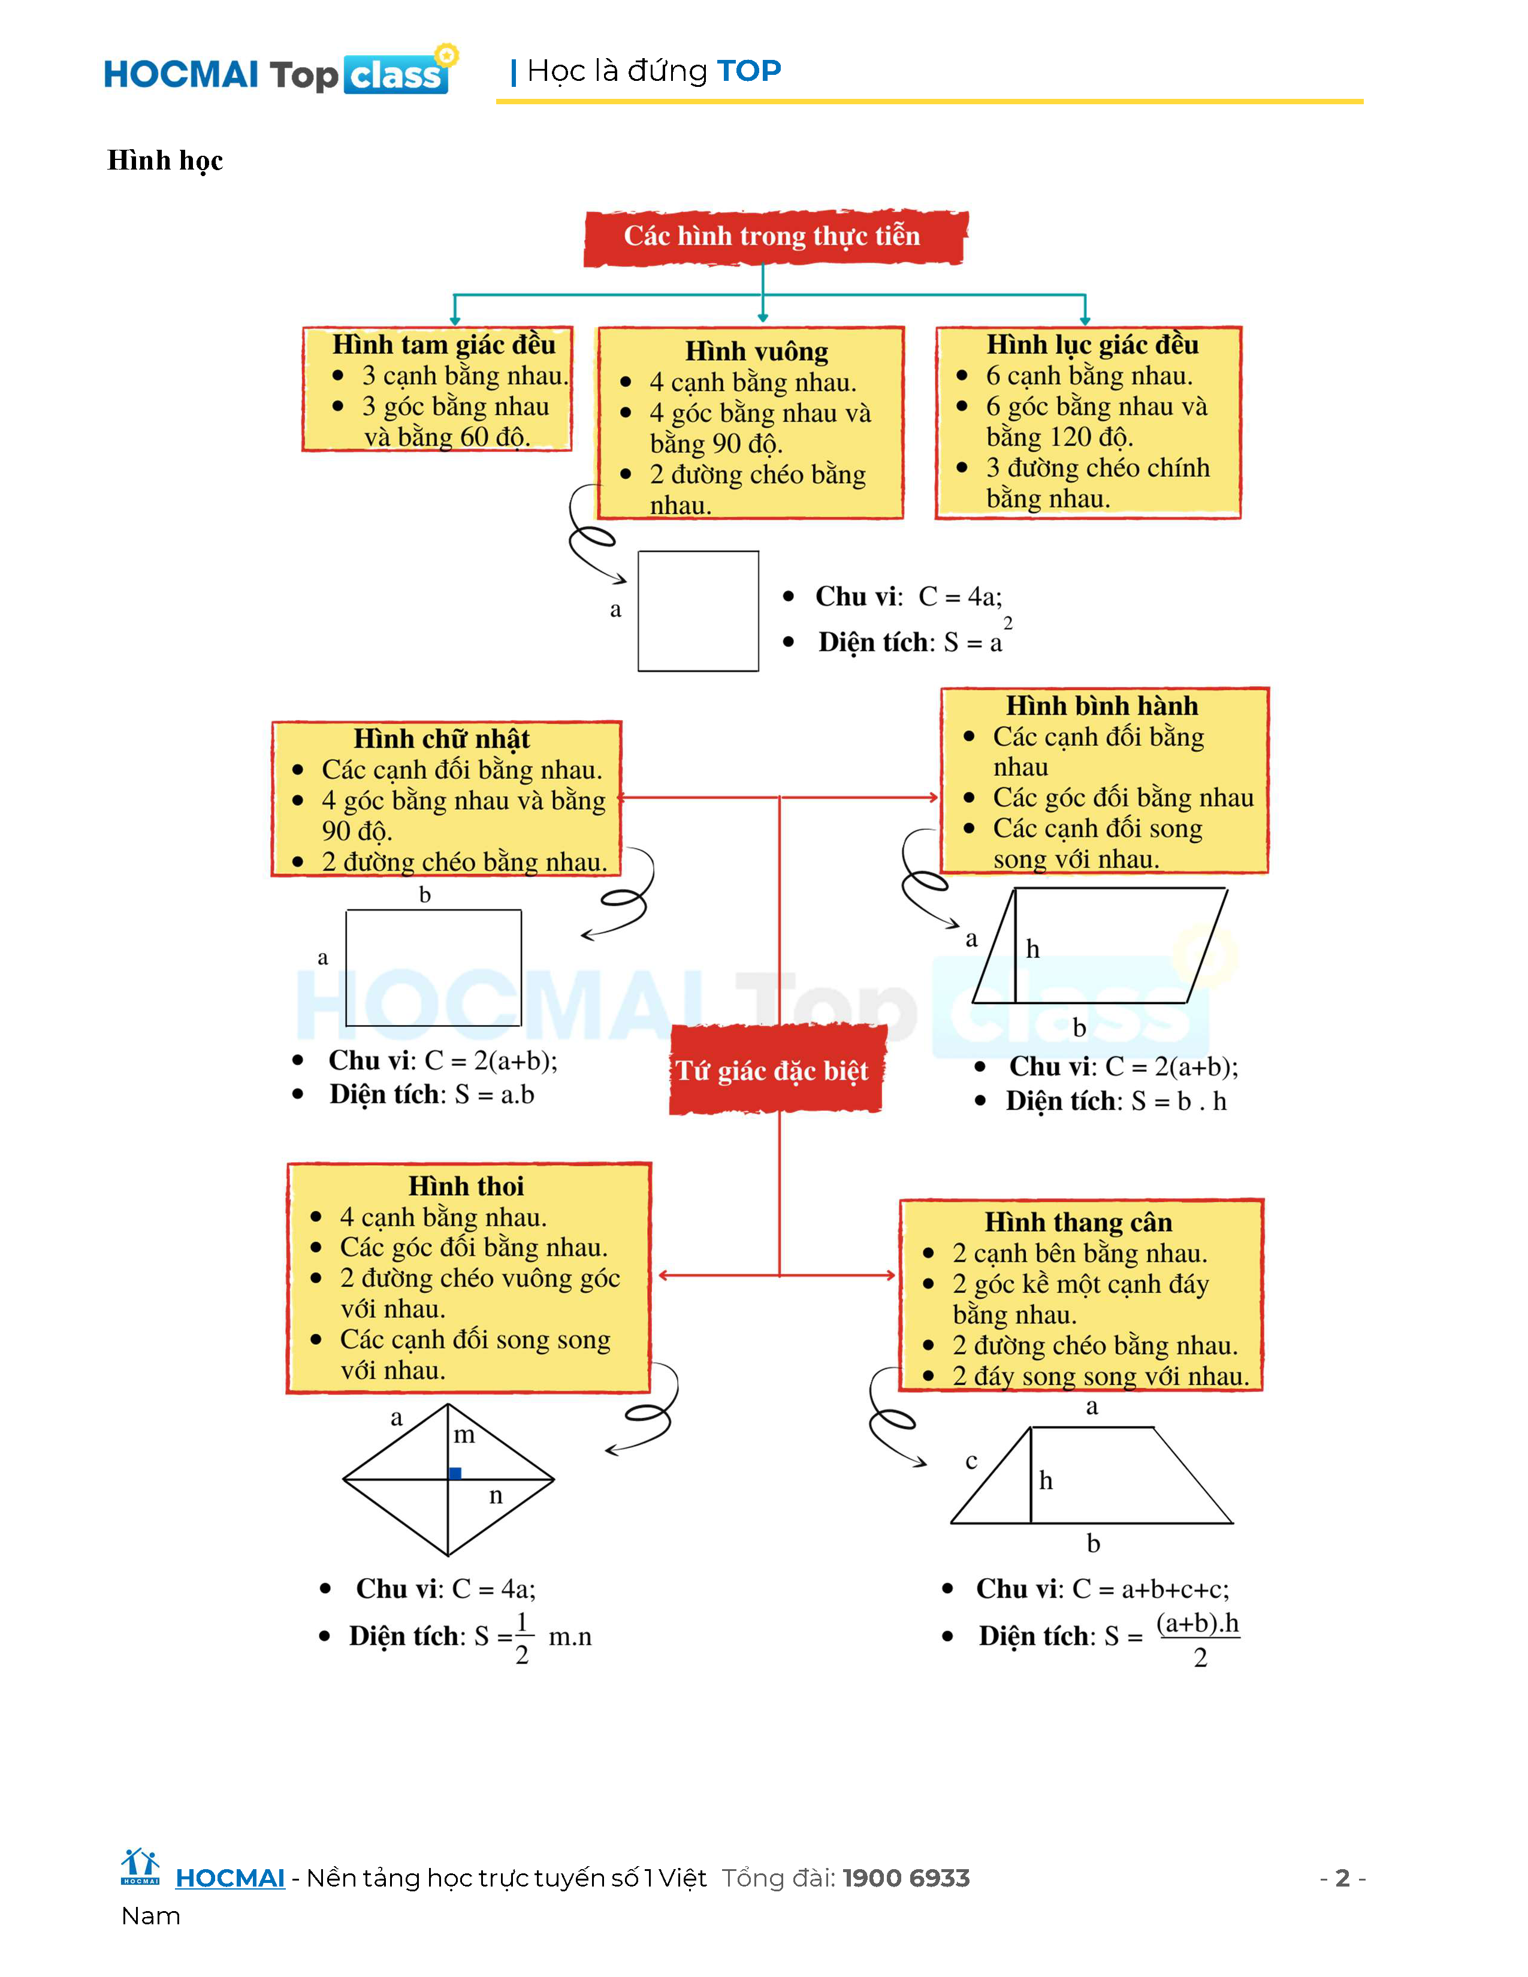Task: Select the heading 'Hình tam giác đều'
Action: point(443,345)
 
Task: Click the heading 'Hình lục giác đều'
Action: point(1092,345)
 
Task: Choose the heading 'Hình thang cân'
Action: point(1078,1223)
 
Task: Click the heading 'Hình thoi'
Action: point(466,1186)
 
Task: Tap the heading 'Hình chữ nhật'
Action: point(442,739)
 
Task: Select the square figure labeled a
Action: point(698,611)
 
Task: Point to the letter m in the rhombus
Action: point(463,1435)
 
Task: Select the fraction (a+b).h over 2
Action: point(1198,1639)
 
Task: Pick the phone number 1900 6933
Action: point(906,1878)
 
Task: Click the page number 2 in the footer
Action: point(1342,1878)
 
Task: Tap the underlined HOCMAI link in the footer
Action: point(230,1878)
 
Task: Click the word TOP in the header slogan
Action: point(748,71)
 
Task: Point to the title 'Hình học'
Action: point(165,160)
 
